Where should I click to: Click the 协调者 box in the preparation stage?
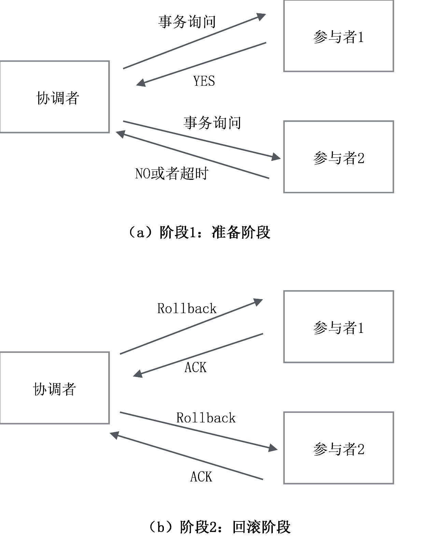point(55,97)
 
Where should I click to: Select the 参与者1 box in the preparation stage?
point(338,36)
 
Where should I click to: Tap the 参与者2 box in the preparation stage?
point(338,157)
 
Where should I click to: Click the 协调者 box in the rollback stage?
point(55,388)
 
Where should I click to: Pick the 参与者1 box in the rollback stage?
point(338,327)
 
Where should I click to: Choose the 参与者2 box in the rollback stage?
point(338,448)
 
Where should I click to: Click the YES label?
point(204,81)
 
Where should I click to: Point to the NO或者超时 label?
point(171,173)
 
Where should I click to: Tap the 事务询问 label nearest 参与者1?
point(187,22)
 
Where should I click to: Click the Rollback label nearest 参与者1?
point(187,309)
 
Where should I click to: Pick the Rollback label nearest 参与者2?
point(206,418)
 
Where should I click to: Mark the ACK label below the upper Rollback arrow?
point(196,367)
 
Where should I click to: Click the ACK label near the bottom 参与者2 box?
point(201,477)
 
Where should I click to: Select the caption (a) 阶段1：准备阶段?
point(199,233)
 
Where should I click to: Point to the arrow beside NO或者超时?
point(193,155)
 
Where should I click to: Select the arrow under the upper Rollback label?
point(191,326)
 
